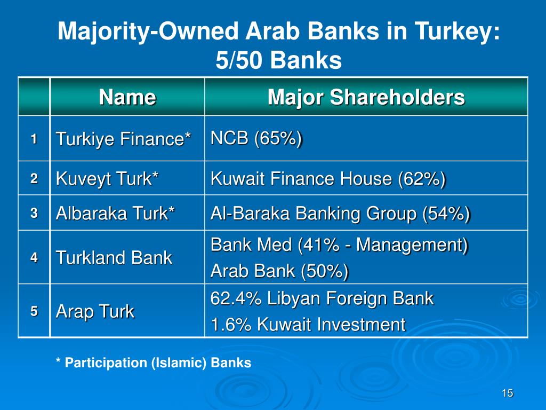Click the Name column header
[127, 98]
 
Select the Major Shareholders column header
[366, 98]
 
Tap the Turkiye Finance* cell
[124, 139]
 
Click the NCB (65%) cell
[256, 138]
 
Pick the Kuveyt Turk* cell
[107, 178]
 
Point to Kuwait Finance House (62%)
[328, 178]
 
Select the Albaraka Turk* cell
[115, 214]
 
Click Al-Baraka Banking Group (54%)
[340, 214]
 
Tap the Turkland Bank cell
[114, 258]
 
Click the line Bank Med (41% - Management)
[339, 245]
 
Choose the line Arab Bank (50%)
[279, 271]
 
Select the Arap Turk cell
[95, 311]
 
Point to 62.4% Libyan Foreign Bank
[322, 298]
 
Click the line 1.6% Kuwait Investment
[308, 324]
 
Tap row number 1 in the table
[34, 139]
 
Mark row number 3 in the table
[34, 214]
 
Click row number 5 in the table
[34, 311]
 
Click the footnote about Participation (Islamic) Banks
[154, 363]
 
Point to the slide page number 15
[507, 393]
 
